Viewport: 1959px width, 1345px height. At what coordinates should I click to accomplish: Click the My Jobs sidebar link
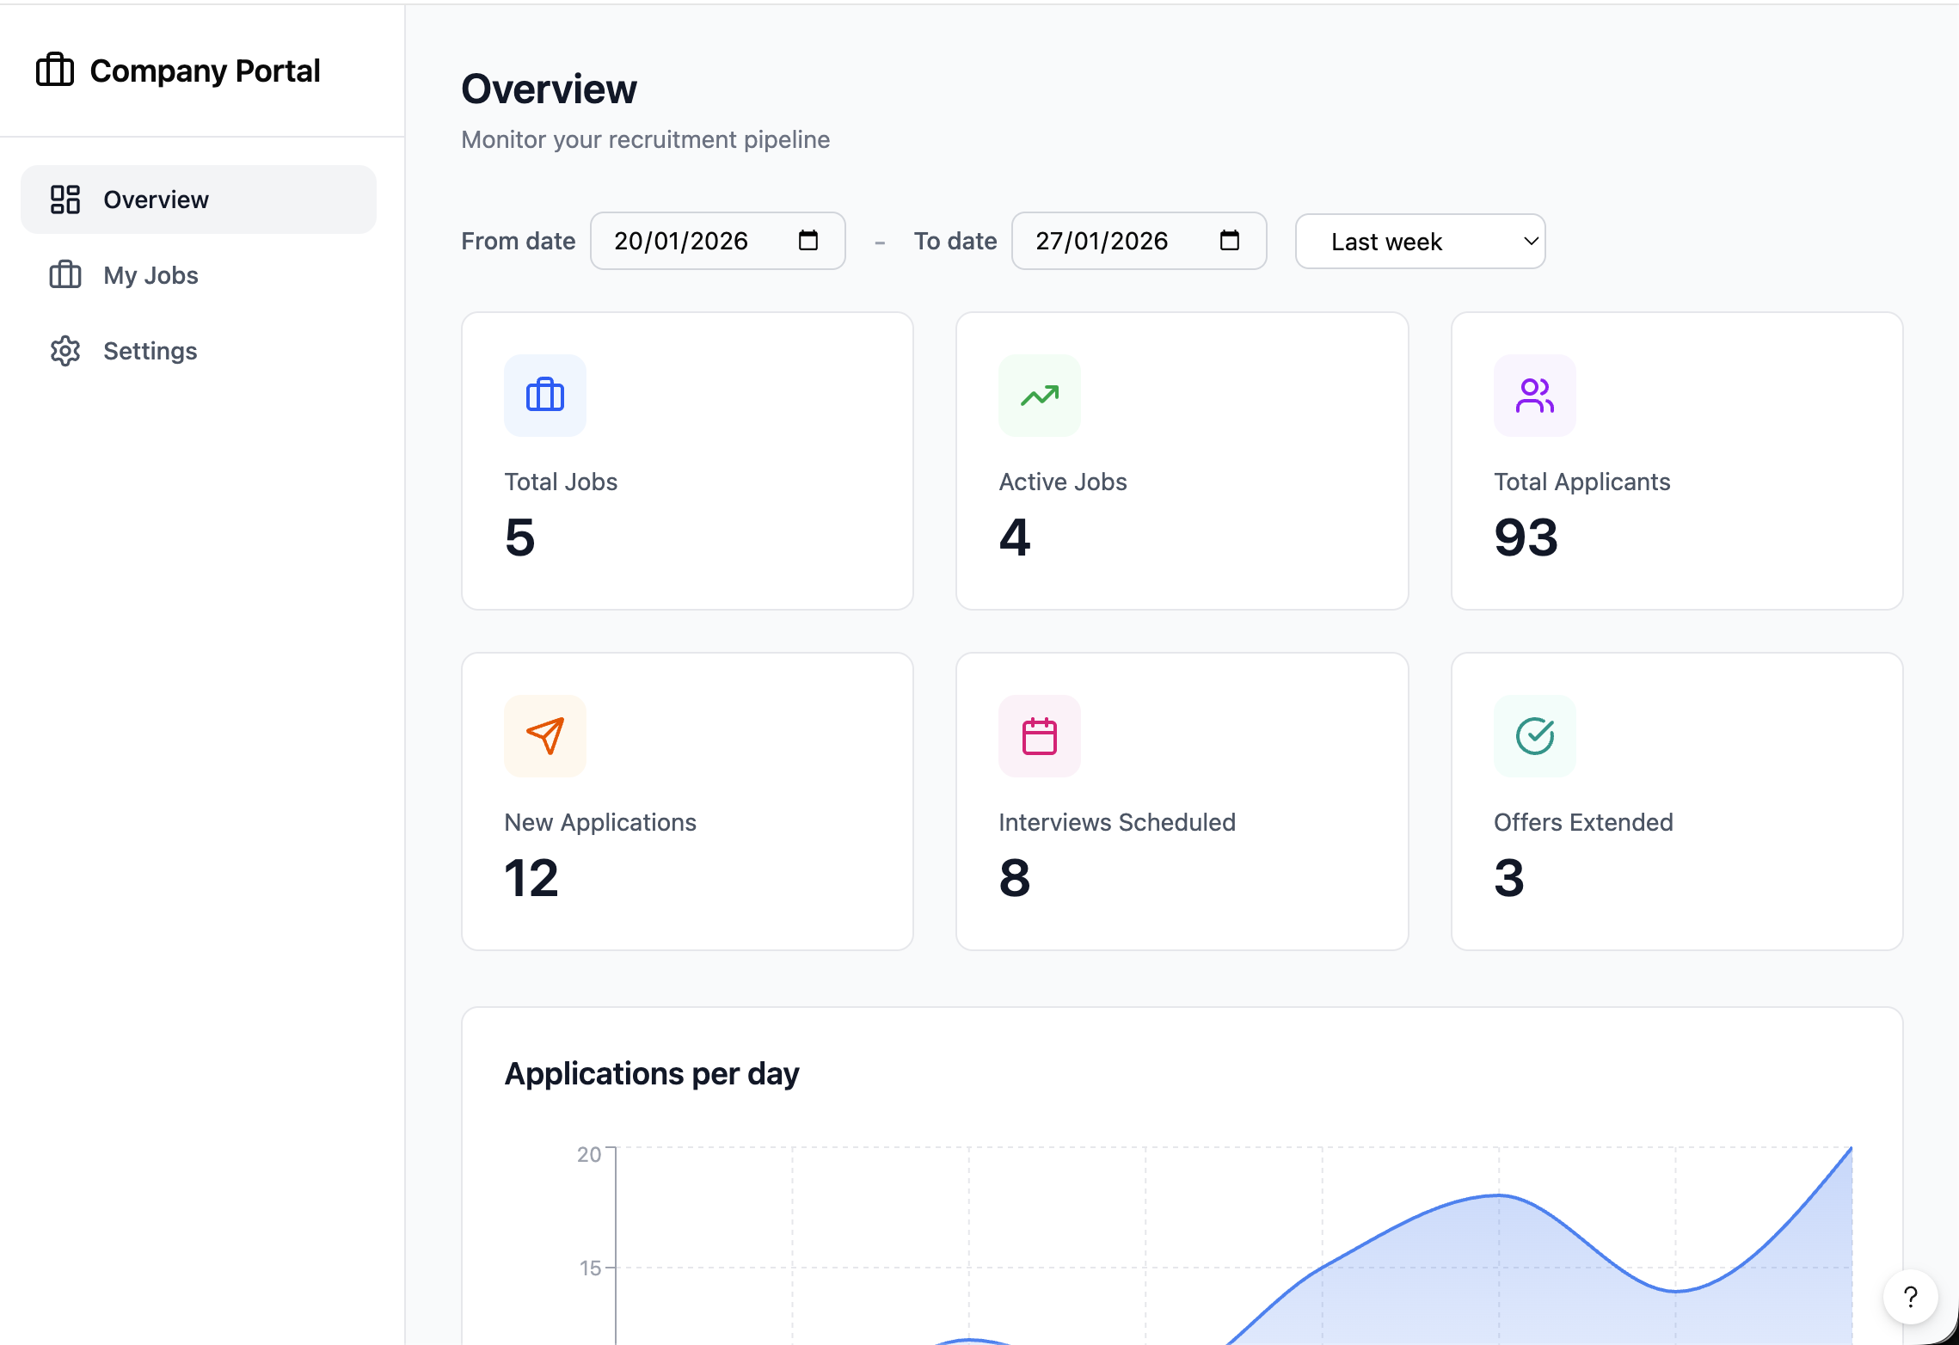coord(150,275)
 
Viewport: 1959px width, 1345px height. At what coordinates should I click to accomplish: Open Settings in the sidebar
coord(150,351)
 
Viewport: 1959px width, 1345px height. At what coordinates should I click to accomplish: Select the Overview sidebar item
coord(156,200)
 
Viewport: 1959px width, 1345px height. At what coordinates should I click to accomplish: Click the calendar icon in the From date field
coord(808,241)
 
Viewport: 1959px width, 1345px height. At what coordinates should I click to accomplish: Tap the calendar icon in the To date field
coord(1229,241)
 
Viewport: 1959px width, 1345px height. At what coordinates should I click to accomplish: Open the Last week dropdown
coord(1420,242)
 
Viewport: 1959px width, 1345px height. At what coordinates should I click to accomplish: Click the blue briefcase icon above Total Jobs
coord(545,396)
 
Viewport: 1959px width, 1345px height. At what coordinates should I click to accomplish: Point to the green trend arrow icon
coord(1040,396)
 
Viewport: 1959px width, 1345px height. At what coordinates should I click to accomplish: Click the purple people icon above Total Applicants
coord(1534,396)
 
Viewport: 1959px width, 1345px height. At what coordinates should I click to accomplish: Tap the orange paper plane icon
coord(545,736)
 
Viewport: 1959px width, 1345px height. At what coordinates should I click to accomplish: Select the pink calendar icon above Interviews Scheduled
coord(1040,736)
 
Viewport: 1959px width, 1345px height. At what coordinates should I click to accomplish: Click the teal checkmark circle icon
coord(1534,736)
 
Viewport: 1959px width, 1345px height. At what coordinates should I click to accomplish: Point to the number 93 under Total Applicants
coord(1526,538)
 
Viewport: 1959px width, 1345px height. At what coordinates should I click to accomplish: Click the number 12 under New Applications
coord(531,879)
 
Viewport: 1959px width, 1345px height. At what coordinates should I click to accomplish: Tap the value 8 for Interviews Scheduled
coord(1015,879)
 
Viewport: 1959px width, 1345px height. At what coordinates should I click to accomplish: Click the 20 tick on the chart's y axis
coord(589,1154)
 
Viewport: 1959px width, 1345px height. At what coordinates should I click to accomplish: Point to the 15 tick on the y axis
coord(590,1268)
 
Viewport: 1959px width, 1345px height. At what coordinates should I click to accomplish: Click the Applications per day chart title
coord(652,1074)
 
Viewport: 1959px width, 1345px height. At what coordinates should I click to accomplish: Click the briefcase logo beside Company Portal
coord(55,70)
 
